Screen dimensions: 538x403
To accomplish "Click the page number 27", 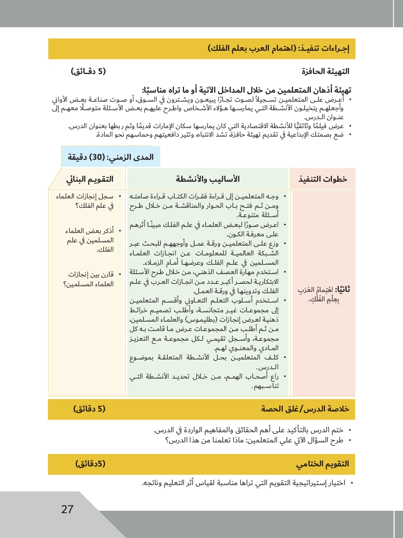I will (x=67, y=509).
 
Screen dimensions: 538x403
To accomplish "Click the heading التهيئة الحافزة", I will (x=325, y=72).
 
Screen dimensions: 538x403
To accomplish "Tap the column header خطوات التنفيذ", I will (x=323, y=179).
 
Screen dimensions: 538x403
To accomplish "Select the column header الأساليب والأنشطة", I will (x=208, y=179).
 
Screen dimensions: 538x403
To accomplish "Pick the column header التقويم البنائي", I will (x=90, y=179).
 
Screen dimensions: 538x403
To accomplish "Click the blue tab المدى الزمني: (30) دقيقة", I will (x=110, y=157).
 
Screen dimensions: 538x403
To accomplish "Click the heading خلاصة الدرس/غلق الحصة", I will (x=305, y=409).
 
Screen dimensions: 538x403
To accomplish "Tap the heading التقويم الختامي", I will (x=323, y=464).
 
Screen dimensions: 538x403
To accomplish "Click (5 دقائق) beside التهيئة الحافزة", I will (x=89, y=72).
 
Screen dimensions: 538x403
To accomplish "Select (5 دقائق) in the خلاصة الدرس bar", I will (x=89, y=409).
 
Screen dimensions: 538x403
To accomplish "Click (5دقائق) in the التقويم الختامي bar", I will (x=90, y=464).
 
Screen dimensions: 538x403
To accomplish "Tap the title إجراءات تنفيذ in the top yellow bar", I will (x=324, y=49).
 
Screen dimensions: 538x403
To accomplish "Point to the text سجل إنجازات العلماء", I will (x=85, y=196).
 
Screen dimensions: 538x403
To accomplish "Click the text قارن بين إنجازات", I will (x=91, y=274).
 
